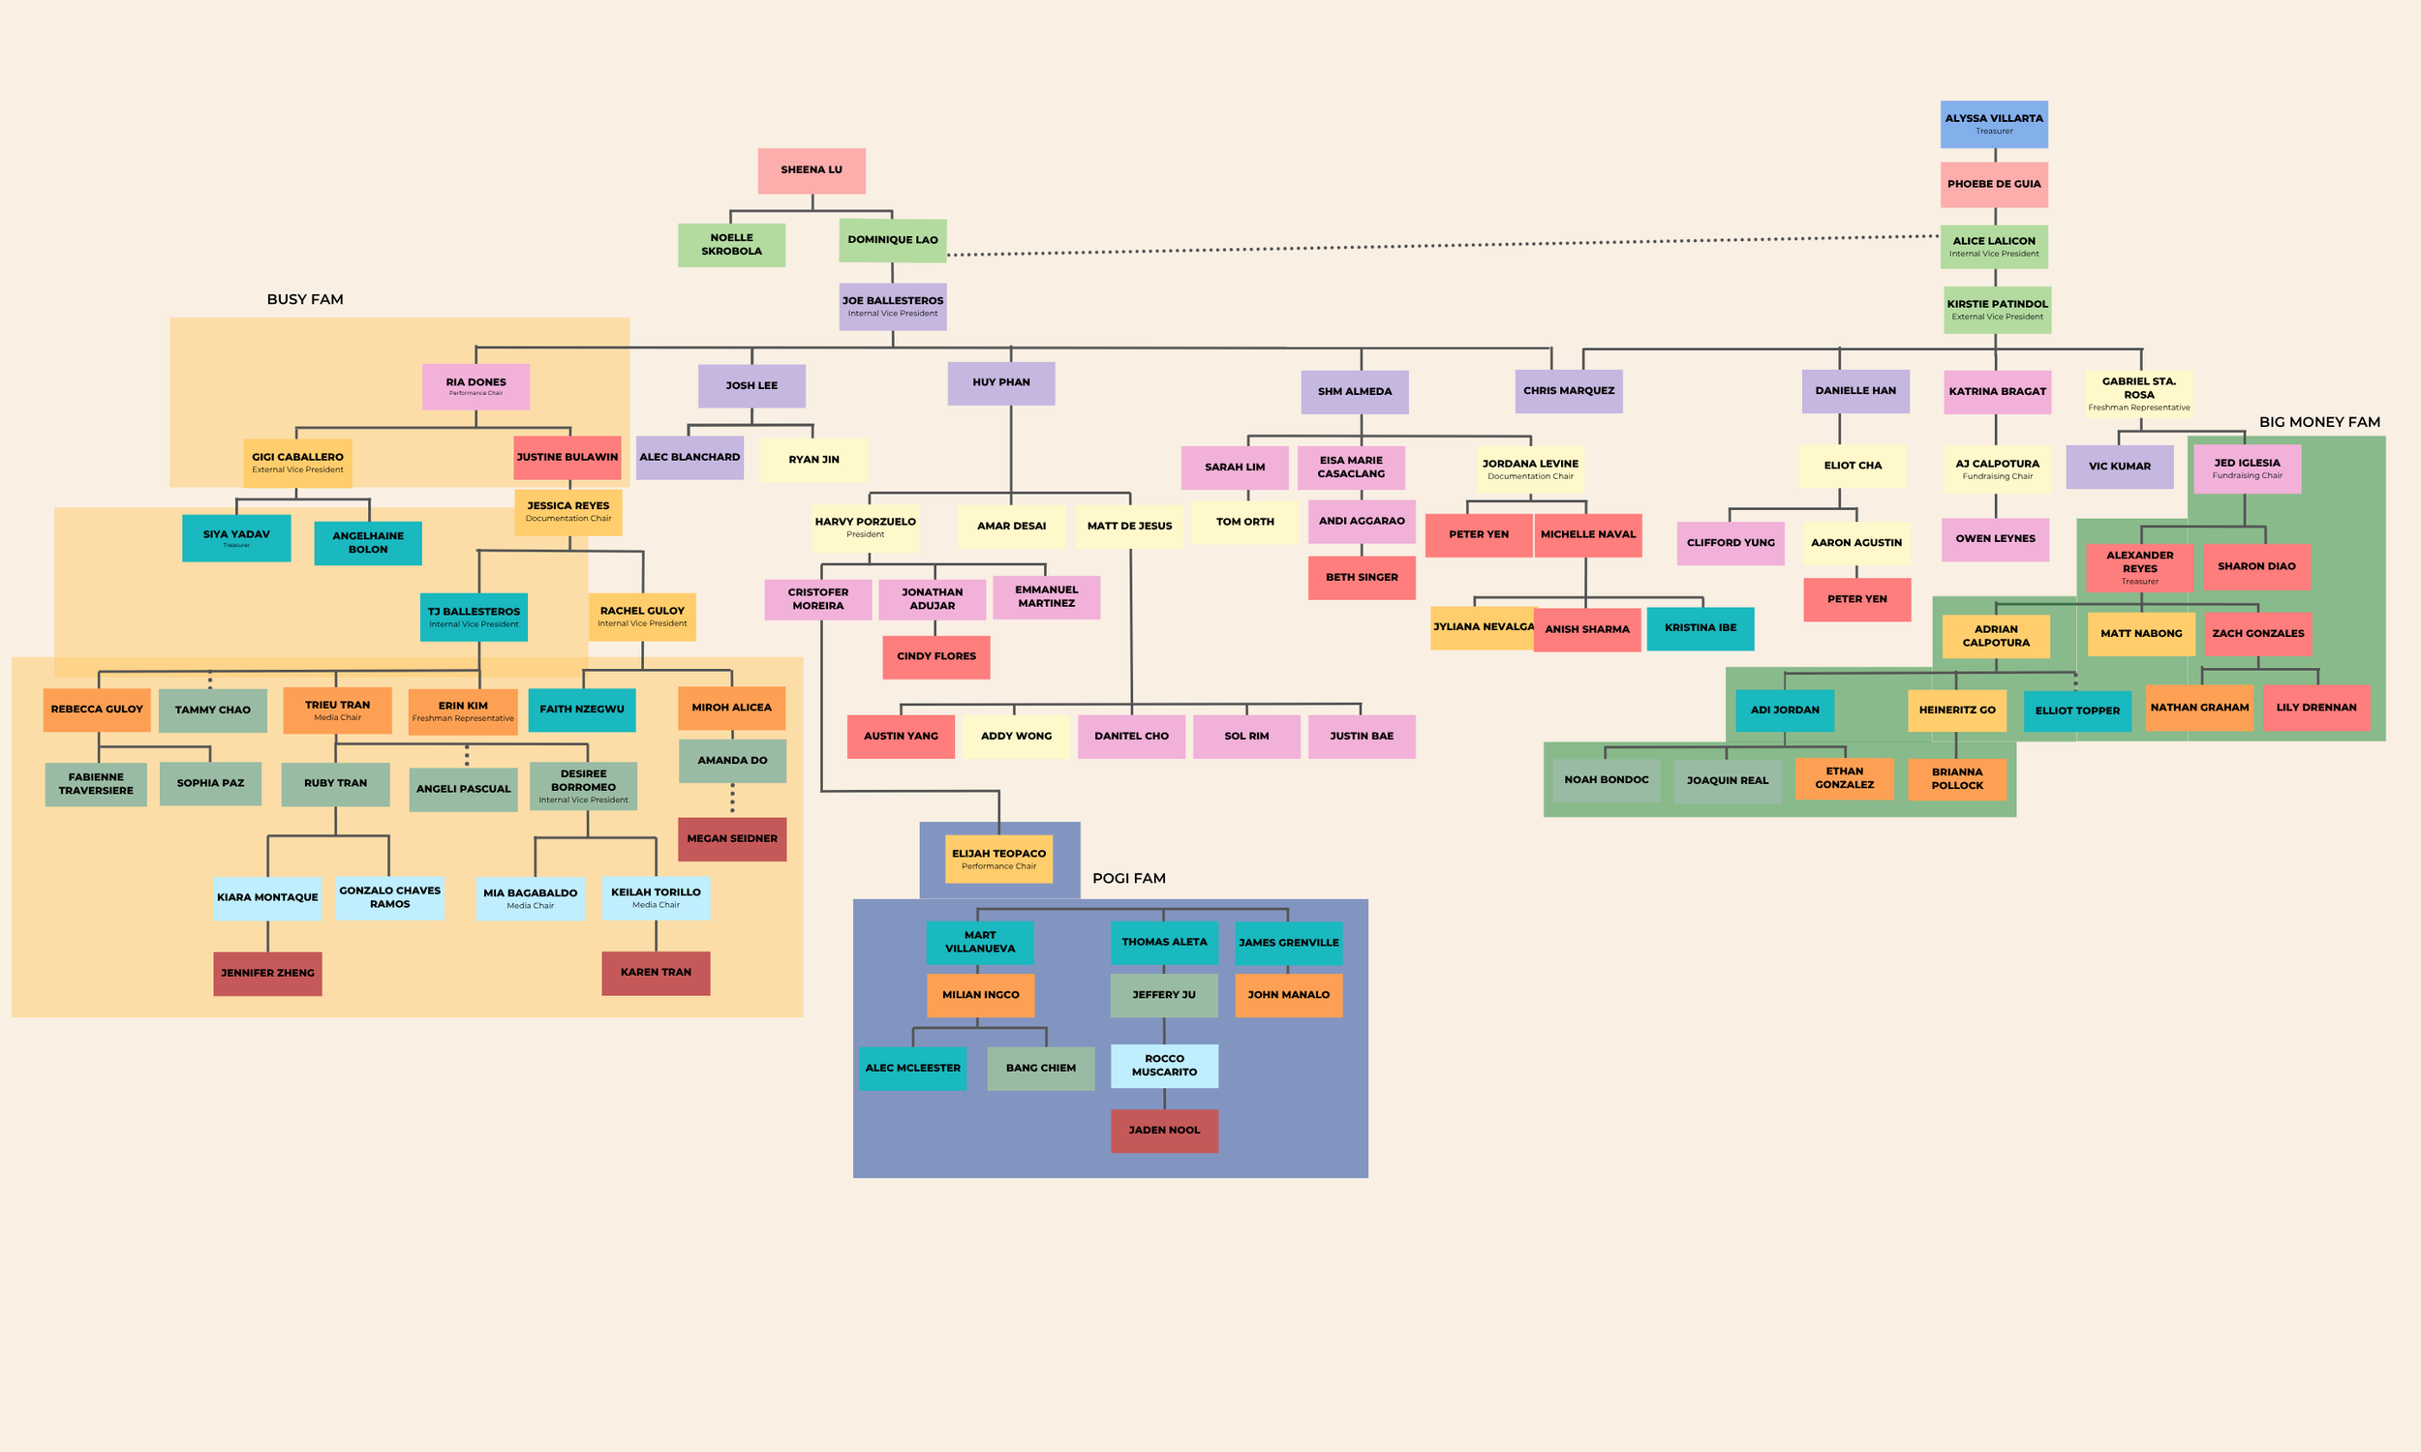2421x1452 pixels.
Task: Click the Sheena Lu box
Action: [812, 171]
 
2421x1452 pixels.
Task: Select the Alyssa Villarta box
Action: [1993, 124]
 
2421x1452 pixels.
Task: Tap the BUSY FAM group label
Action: [305, 299]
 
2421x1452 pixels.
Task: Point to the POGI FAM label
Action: [1128, 879]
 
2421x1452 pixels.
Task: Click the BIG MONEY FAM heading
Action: [2319, 423]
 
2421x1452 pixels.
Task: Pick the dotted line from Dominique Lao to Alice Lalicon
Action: [1444, 246]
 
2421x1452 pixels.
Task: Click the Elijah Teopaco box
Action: [998, 858]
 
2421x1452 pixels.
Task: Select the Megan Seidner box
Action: [732, 839]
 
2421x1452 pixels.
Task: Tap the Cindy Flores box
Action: [935, 656]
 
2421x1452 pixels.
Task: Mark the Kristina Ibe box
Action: [1700, 628]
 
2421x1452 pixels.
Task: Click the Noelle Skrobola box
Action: [731, 245]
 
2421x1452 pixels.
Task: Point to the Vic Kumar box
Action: [2120, 467]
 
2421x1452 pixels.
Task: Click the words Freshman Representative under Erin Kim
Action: [463, 718]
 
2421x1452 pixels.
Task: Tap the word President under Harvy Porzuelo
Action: [865, 534]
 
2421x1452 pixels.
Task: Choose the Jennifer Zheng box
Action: [267, 974]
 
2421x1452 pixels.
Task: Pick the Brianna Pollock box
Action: [1957, 779]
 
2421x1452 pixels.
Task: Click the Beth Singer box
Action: [1362, 577]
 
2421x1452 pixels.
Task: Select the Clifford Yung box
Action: [1731, 543]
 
